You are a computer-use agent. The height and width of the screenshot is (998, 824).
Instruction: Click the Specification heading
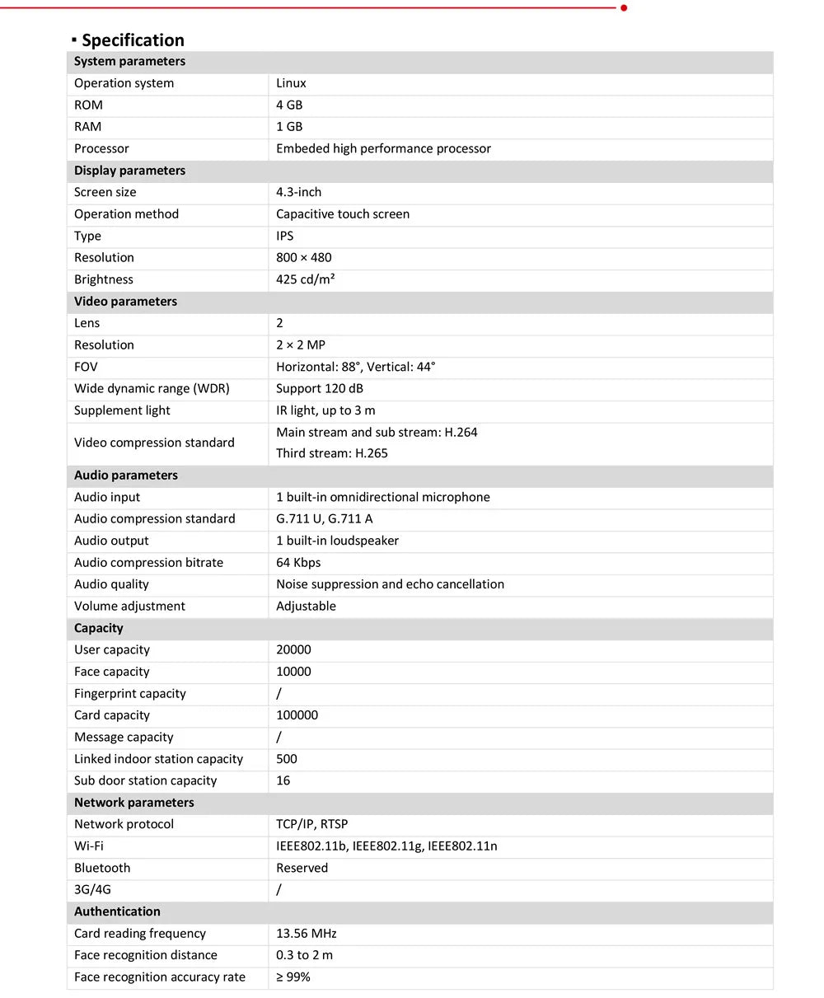pyautogui.click(x=132, y=40)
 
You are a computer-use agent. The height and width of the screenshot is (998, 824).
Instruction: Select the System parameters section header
pyautogui.click(x=129, y=61)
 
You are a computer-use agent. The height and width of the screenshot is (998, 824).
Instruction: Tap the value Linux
pyautogui.click(x=291, y=83)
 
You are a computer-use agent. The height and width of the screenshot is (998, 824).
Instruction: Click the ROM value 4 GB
pyautogui.click(x=289, y=105)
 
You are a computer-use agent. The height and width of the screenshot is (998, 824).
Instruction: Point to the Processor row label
pyautogui.click(x=101, y=148)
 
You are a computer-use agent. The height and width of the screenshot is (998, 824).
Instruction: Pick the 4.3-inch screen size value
pyautogui.click(x=298, y=192)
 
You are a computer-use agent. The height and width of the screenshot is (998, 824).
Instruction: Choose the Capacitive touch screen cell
pyautogui.click(x=342, y=213)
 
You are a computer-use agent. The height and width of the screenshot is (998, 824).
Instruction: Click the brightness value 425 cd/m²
pyautogui.click(x=305, y=279)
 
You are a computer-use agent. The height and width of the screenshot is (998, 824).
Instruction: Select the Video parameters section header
pyautogui.click(x=125, y=301)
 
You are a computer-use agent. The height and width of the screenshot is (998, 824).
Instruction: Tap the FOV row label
pyautogui.click(x=86, y=367)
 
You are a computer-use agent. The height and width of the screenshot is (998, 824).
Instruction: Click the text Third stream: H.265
pyautogui.click(x=331, y=453)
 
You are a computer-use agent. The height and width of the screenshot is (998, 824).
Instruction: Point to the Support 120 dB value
pyautogui.click(x=319, y=388)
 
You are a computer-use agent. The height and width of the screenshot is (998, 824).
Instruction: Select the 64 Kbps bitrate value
pyautogui.click(x=298, y=562)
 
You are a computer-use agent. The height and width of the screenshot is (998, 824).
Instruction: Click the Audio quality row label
pyautogui.click(x=111, y=584)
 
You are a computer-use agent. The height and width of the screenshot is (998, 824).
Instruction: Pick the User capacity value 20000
pyautogui.click(x=293, y=649)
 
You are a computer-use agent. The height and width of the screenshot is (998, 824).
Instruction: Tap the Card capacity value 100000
pyautogui.click(x=297, y=715)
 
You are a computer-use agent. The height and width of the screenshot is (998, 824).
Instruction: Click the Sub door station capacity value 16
pyautogui.click(x=283, y=780)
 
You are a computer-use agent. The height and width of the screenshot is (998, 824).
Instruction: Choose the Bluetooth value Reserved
pyautogui.click(x=302, y=868)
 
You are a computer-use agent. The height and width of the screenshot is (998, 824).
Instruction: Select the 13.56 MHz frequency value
pyautogui.click(x=306, y=934)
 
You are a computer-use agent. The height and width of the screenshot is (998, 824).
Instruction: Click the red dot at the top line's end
pyautogui.click(x=624, y=7)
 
